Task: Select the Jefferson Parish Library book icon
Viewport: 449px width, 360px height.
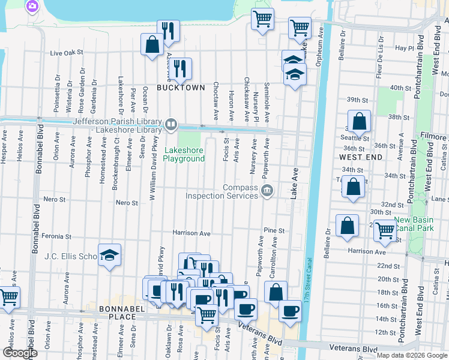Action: point(171,125)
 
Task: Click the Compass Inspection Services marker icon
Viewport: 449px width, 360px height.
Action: point(267,191)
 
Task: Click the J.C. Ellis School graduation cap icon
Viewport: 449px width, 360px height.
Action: point(109,256)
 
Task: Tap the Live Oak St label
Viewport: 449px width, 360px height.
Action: point(66,53)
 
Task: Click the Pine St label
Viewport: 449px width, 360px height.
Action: point(273,230)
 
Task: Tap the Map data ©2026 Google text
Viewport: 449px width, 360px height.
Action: point(412,355)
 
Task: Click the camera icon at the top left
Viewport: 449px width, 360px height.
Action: point(32,7)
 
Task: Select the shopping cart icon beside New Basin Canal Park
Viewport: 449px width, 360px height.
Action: point(384,229)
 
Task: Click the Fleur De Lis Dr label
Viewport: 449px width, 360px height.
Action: point(380,48)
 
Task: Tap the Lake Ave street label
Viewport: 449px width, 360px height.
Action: point(295,176)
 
